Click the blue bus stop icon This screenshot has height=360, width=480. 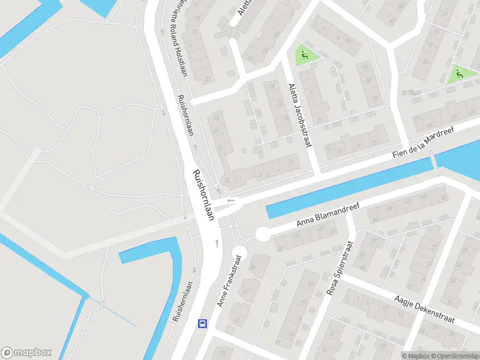203,323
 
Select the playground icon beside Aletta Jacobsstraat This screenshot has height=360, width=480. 305,56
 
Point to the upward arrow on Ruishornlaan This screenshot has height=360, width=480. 217,243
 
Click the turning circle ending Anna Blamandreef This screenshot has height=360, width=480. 262,235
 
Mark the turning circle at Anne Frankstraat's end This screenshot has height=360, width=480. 239,253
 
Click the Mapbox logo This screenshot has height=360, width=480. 26,353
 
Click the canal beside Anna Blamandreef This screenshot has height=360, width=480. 348,189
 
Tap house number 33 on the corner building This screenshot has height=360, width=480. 227,180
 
